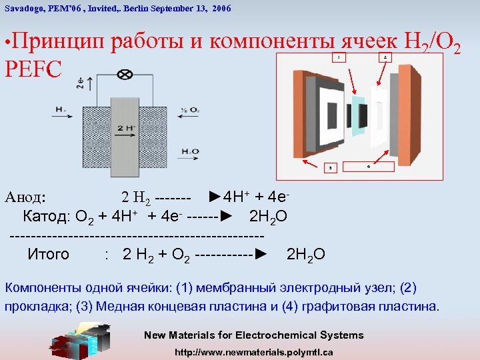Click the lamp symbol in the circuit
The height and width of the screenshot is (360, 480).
tap(124, 74)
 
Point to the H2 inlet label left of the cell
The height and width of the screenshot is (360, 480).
tap(60, 109)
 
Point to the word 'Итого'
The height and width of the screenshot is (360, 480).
tap(48, 254)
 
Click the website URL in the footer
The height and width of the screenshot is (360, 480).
tap(253, 351)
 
